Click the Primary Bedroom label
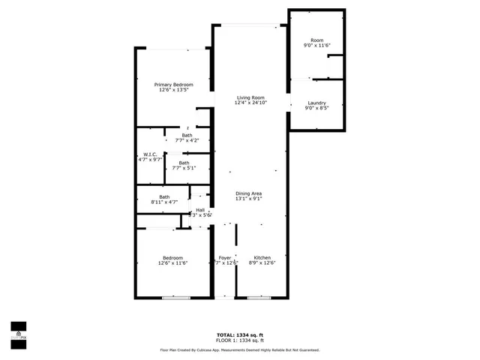tap(174, 85)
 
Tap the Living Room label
tap(251, 97)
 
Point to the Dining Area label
tap(248, 193)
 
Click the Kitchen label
tap(261, 256)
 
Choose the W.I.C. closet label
tap(150, 154)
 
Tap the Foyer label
tap(225, 256)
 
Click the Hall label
tap(200, 210)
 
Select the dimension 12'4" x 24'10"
tap(251, 103)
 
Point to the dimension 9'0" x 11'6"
tap(316, 46)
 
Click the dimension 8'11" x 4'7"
tap(163, 202)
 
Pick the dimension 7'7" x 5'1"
tap(184, 169)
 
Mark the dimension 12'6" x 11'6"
tap(172, 262)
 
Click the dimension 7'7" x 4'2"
tap(186, 140)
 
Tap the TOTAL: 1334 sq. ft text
tap(240, 334)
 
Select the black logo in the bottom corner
tap(18, 330)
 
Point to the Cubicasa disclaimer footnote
tap(240, 349)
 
